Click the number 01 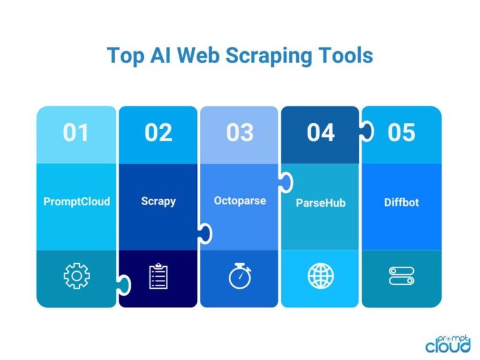[76, 133]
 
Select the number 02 [158, 133]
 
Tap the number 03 [239, 133]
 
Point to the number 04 [321, 133]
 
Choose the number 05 [401, 133]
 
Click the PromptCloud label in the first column [76, 202]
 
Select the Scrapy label [158, 202]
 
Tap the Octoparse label [239, 201]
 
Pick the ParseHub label [321, 203]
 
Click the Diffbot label [401, 202]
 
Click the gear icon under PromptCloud [76, 276]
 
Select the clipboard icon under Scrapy [158, 276]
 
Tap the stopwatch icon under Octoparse [239, 276]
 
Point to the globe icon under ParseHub [321, 276]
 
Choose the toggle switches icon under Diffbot [401, 276]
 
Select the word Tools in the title [347, 55]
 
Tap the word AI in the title [157, 55]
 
